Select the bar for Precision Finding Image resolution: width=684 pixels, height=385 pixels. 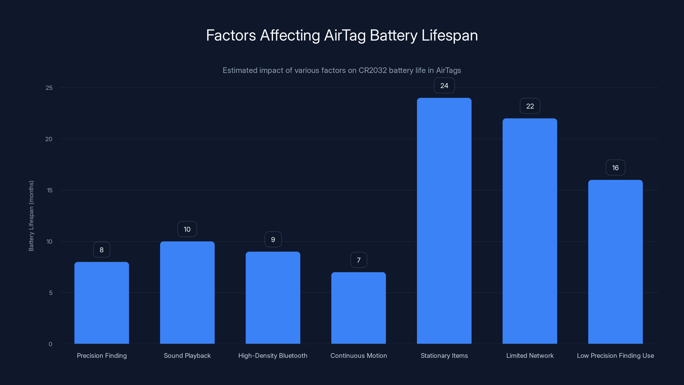102,303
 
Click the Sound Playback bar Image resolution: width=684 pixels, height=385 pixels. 187,292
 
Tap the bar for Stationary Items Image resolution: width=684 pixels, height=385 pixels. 444,221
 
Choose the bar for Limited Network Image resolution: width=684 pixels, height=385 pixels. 530,231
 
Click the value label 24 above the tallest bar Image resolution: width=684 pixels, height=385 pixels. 444,86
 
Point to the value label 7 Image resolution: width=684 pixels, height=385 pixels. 359,260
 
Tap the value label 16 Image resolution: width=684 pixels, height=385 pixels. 615,168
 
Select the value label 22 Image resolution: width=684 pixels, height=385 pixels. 530,106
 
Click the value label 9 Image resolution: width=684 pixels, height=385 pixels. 273,240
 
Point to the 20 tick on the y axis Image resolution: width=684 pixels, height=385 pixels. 49,139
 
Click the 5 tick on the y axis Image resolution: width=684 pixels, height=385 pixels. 50,293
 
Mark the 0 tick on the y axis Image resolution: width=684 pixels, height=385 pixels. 50,344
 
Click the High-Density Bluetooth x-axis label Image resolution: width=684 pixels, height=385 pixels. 273,355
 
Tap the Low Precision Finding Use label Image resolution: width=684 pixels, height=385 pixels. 615,355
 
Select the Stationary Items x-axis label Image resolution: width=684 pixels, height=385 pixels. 444,355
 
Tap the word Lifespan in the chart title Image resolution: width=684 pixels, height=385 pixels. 450,36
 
